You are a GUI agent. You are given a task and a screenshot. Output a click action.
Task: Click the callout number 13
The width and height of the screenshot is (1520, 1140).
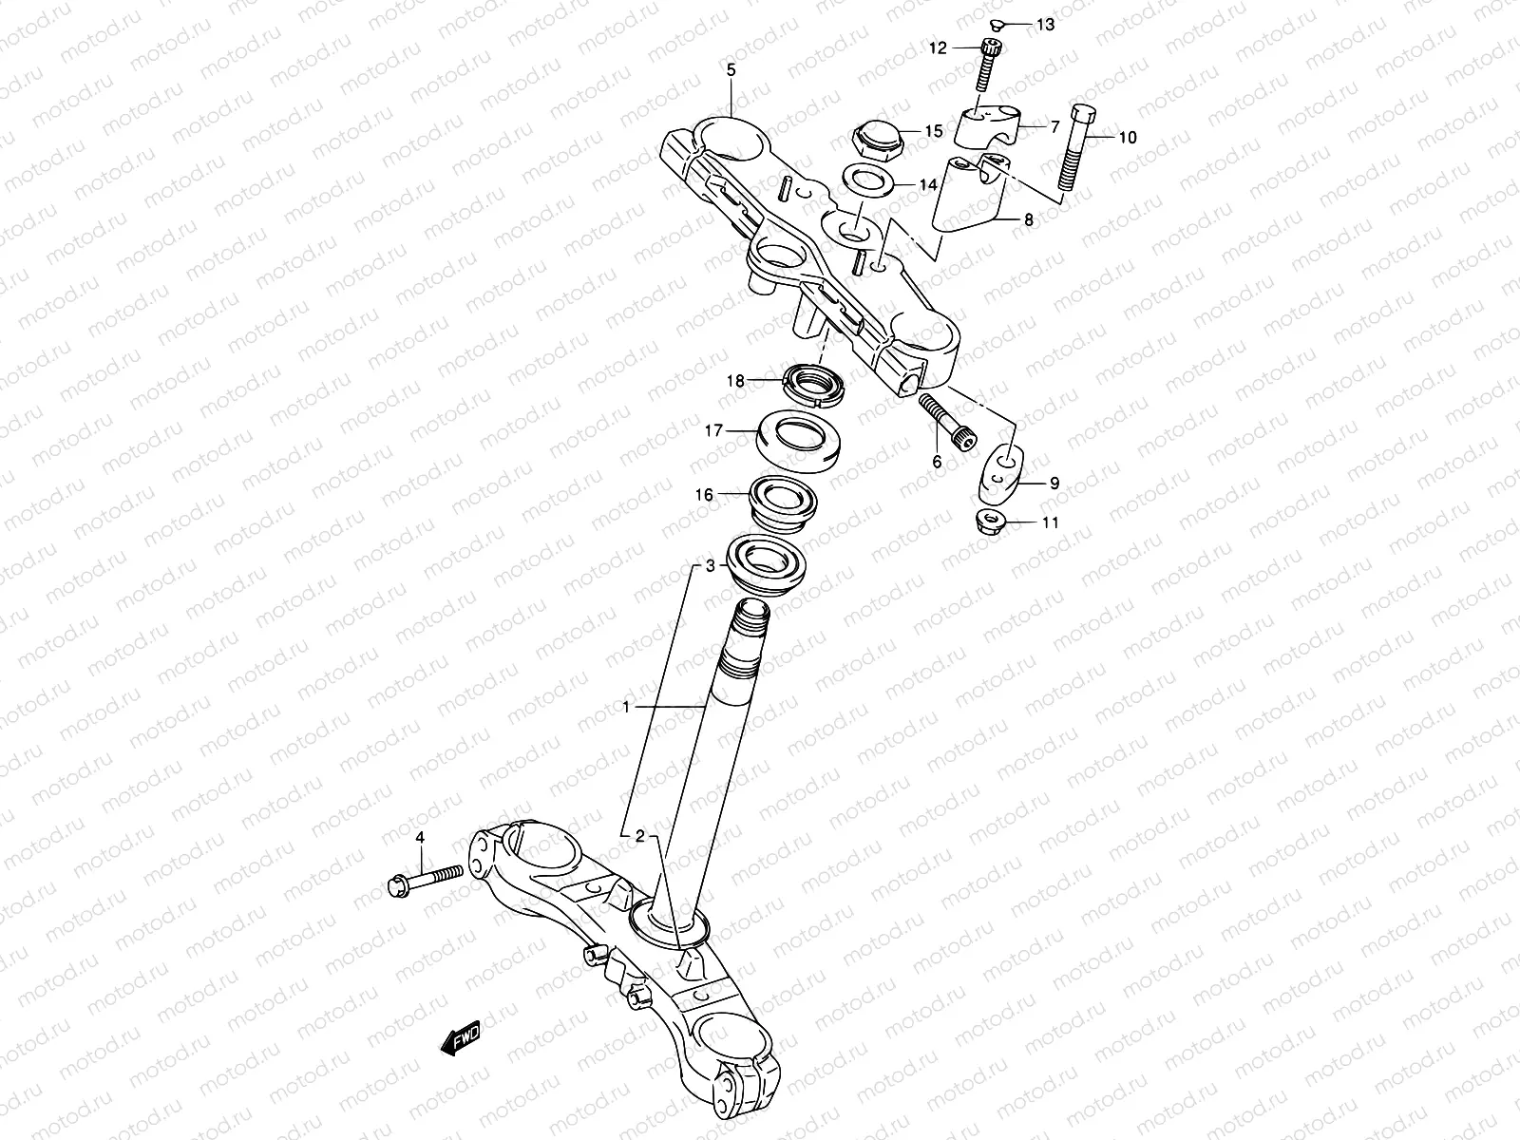[1046, 26]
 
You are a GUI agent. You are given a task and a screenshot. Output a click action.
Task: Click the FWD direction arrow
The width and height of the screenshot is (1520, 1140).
[462, 1037]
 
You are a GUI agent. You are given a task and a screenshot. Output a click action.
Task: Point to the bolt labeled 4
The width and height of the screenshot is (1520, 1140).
[424, 876]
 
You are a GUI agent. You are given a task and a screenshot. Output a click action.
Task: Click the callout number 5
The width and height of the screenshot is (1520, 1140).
[731, 70]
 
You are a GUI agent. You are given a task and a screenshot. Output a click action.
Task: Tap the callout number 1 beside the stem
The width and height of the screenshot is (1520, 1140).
[626, 706]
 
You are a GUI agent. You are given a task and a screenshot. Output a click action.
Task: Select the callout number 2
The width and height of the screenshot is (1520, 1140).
[640, 836]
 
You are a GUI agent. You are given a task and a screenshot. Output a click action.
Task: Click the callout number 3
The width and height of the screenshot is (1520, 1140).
[709, 566]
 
